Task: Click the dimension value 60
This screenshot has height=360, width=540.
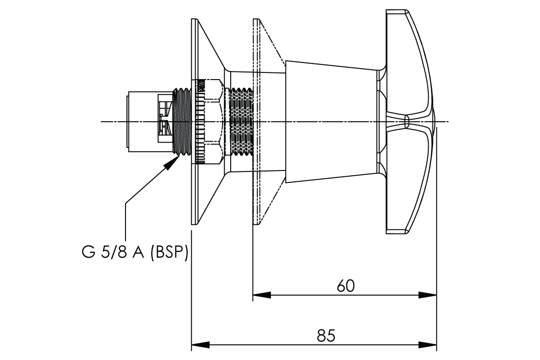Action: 345,286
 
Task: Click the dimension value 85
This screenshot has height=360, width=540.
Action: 326,336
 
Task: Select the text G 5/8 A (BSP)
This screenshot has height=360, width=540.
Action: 135,252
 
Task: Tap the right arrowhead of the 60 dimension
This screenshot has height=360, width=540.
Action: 428,295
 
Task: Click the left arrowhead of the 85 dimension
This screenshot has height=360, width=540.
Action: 200,344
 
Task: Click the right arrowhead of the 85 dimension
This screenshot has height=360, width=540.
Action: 428,344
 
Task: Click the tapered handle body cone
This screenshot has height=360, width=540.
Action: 332,122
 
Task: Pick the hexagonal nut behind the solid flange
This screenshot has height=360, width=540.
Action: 211,122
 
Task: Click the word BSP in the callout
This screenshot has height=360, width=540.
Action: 170,252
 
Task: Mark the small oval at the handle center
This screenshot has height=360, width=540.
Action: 406,122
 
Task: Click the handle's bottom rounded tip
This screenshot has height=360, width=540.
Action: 397,231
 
